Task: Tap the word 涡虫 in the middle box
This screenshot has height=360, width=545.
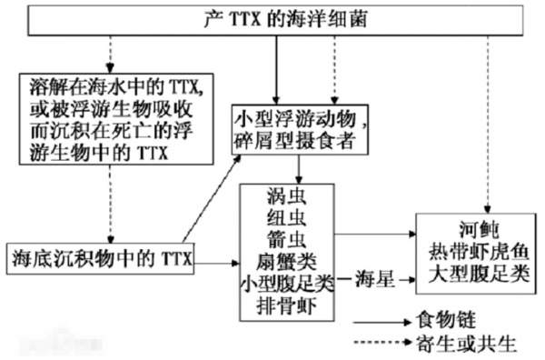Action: click(287, 198)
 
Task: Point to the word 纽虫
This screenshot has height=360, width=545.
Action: click(287, 219)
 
